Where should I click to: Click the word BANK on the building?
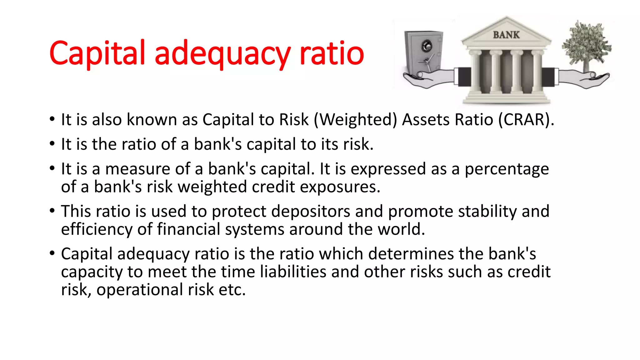tap(506, 35)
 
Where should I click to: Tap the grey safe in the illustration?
tap(424, 51)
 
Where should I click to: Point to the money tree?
tap(587, 44)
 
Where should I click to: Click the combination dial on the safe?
tap(426, 46)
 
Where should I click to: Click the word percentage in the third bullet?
tap(507, 169)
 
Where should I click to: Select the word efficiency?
tap(97, 229)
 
